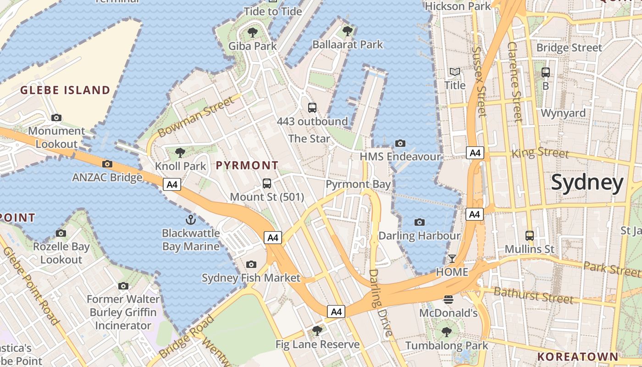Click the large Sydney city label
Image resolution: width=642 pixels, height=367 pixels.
coord(587,183)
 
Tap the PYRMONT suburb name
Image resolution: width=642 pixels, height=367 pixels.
coord(247,165)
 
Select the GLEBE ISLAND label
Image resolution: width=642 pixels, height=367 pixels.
coord(65,90)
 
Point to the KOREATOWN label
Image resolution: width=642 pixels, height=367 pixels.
coord(578,356)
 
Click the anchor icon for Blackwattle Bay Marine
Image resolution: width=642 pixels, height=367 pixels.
coord(191,219)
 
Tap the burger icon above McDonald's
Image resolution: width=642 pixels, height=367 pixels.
coord(448,300)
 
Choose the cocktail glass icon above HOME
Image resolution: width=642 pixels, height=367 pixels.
coord(452,259)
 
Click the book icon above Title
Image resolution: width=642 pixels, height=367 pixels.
coord(455,72)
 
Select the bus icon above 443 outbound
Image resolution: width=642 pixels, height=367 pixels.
coord(312,108)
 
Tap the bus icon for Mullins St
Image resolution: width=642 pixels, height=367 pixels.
coord(530,236)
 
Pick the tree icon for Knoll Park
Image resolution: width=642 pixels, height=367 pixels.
coord(180,152)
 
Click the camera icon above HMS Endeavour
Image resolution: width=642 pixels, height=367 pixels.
coord(400,143)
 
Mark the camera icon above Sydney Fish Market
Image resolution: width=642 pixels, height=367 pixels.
coord(251,264)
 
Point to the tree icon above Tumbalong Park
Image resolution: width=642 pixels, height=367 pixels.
coord(446,332)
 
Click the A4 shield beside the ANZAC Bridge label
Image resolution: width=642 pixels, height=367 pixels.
coord(172,184)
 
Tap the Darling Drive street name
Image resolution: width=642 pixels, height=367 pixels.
coord(381,303)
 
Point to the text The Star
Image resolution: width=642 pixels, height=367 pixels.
coord(309,138)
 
